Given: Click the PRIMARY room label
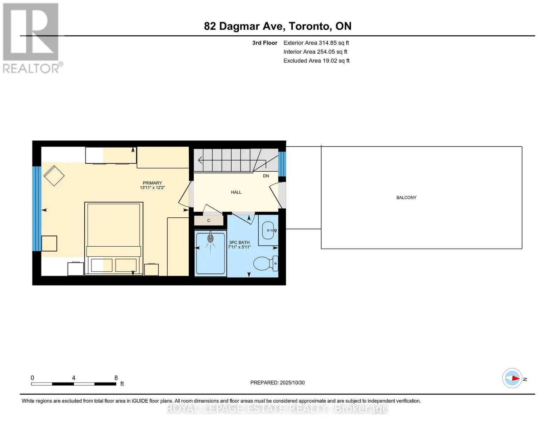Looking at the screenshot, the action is click(x=152, y=183).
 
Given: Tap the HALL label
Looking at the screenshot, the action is click(x=236, y=192).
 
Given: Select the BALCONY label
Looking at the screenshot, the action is click(x=406, y=197).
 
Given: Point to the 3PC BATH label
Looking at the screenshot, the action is click(x=239, y=242).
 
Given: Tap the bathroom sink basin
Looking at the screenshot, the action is click(x=268, y=230).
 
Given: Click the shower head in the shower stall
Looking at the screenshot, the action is click(x=210, y=238).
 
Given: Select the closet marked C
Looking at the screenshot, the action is click(x=209, y=221).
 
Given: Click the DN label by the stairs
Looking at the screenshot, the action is click(x=266, y=176).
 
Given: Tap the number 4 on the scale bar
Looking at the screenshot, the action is click(x=74, y=378).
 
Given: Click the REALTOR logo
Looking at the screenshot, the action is click(x=32, y=38).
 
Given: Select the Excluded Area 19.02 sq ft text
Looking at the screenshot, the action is click(x=316, y=60).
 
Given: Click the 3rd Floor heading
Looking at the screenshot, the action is click(x=264, y=43).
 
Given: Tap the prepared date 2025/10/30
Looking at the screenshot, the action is click(x=292, y=383).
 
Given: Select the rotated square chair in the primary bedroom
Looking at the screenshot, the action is click(x=54, y=176).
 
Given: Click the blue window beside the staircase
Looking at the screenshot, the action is click(x=282, y=164).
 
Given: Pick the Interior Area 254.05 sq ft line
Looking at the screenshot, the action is click(x=315, y=51).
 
